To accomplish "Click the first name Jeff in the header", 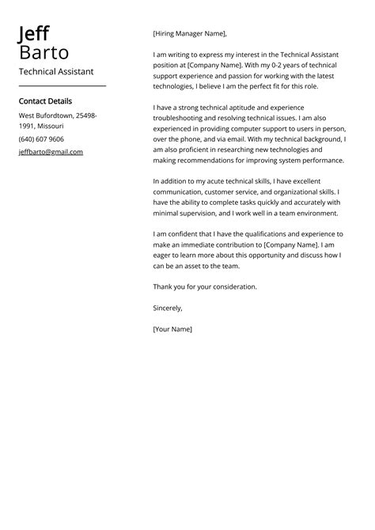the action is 34,34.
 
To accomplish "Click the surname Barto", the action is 44,53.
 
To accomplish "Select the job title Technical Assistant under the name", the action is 55,71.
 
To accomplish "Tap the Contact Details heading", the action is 45,101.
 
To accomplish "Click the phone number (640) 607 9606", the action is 41,138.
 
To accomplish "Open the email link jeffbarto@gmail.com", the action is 51,152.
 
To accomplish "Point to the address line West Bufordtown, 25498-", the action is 58,115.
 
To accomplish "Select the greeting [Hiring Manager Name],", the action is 189,34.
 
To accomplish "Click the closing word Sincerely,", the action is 168,308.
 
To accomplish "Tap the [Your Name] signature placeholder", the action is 172,328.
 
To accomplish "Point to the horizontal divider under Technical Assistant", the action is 62,85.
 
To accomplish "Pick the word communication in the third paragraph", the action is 181,191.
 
